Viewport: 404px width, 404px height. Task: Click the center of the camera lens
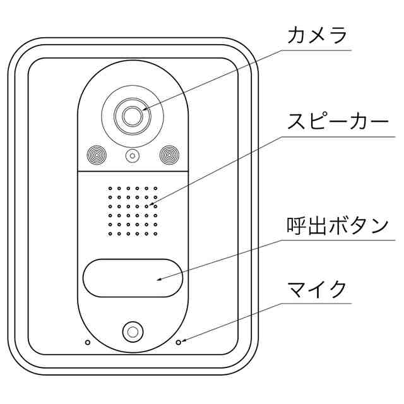coord(131,116)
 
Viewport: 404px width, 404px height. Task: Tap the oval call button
coord(132,277)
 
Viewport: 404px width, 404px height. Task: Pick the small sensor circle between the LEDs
coord(132,156)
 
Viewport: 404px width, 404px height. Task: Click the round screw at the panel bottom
coord(132,331)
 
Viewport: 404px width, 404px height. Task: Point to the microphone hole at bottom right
coord(178,342)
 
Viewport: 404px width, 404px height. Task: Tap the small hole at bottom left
coord(87,342)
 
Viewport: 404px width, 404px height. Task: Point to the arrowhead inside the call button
coord(159,278)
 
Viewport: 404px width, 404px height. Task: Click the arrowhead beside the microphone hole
coord(184,341)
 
